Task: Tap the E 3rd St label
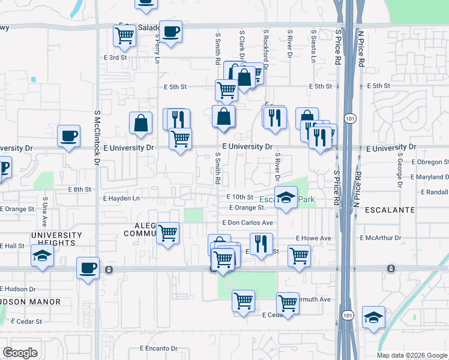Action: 115,58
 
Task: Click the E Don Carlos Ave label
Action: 248,223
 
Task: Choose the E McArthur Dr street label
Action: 381,238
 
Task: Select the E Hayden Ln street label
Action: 121,198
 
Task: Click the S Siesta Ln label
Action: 313,47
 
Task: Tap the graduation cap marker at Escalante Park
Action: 286,198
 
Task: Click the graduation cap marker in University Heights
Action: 42,256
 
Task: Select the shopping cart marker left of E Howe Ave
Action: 299,255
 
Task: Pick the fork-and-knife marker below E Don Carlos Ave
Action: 261,243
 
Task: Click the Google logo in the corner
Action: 20,353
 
